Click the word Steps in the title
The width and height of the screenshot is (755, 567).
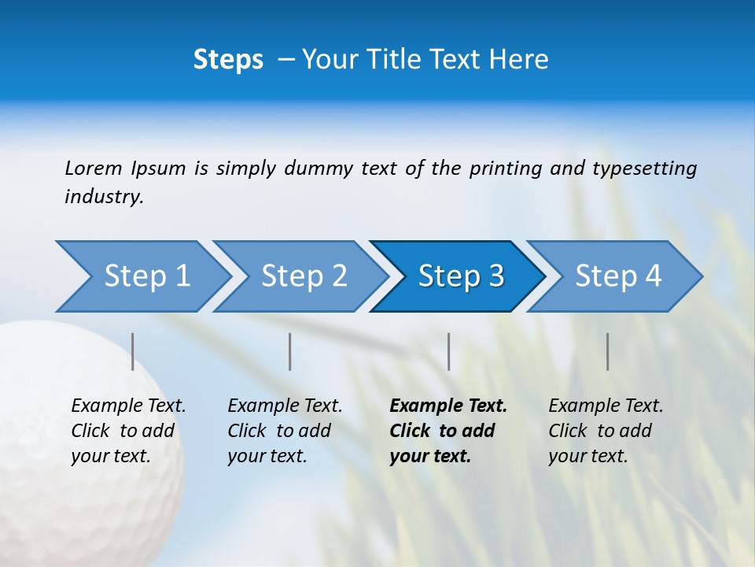[228, 60]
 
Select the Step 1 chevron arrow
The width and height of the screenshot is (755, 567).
[142, 276]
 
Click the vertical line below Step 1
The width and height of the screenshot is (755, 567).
[133, 351]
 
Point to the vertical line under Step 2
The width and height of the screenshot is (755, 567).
[290, 351]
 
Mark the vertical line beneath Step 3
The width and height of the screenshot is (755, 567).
[449, 351]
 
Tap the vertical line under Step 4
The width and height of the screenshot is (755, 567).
[608, 351]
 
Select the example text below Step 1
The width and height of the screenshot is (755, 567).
[128, 431]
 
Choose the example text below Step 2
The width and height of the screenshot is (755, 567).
[285, 431]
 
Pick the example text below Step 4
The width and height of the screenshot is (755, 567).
[606, 431]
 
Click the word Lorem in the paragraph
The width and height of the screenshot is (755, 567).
[94, 169]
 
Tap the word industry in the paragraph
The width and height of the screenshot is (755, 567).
[103, 197]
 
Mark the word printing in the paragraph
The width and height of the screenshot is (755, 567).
[506, 169]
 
